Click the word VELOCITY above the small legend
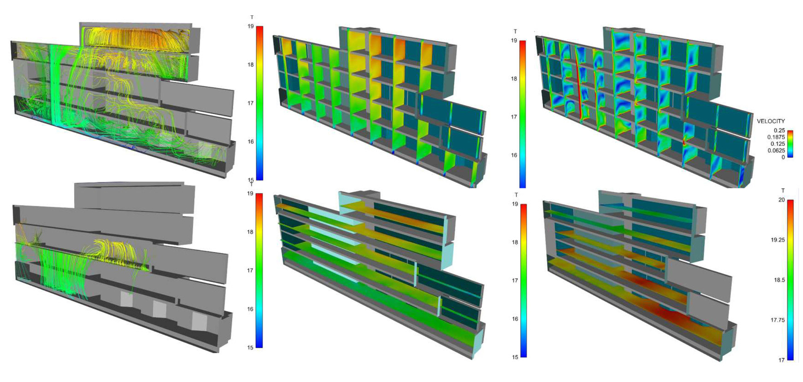tap(771, 121)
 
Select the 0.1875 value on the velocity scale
tap(776, 137)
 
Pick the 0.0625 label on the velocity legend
tap(776, 151)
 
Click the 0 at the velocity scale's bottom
tap(783, 157)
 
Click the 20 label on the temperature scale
tap(782, 200)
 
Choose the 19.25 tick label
tap(778, 240)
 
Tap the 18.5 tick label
tap(779, 280)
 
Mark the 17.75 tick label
tap(778, 320)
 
